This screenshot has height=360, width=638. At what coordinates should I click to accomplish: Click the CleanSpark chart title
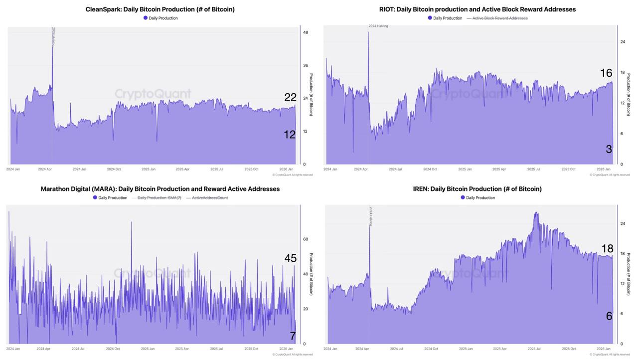point(160,9)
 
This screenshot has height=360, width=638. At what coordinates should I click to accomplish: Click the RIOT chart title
point(477,9)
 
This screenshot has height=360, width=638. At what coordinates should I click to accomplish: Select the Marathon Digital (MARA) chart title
point(160,189)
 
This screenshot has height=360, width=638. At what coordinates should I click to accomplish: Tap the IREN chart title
point(477,189)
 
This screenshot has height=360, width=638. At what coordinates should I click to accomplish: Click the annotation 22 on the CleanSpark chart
point(290,98)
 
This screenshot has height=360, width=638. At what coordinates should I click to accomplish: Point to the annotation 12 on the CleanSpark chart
point(290,135)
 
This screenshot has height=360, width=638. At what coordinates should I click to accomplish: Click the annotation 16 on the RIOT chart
point(606,73)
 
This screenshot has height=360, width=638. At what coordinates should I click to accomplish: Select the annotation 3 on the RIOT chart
point(609,149)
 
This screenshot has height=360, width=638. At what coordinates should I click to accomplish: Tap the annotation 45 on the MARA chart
point(290,258)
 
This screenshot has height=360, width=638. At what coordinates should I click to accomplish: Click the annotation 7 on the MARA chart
point(293,336)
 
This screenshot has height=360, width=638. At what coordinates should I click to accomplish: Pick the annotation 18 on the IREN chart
point(607,249)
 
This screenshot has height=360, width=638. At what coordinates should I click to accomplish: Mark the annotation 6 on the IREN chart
point(609,316)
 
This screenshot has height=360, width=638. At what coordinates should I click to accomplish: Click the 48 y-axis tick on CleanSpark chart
point(306,32)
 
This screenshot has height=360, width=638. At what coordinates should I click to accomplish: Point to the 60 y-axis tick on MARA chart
point(306,239)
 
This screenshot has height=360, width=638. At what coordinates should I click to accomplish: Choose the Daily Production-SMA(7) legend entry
point(159,198)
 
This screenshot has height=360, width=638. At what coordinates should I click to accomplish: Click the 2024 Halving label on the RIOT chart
point(378,26)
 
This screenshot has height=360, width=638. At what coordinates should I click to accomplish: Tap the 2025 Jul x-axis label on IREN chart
point(534,349)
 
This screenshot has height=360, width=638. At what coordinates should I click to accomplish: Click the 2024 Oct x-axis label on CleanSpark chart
point(114,170)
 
